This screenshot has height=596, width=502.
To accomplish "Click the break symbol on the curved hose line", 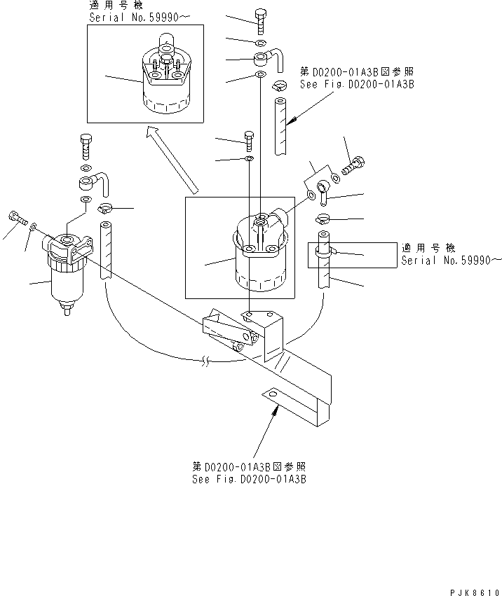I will click(x=203, y=361).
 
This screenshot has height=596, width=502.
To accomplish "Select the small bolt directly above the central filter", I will click(x=249, y=139).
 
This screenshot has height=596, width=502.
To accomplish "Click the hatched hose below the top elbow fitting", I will click(x=280, y=126).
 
